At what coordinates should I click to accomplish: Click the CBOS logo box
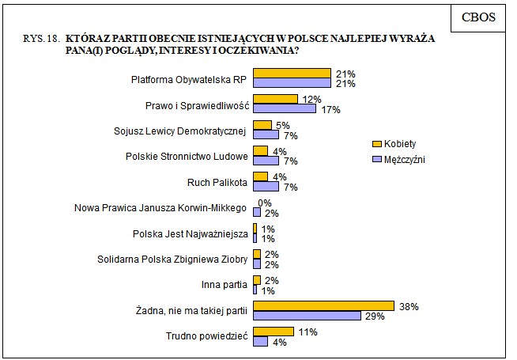(x=478, y=17)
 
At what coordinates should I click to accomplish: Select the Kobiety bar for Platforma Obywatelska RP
(x=291, y=74)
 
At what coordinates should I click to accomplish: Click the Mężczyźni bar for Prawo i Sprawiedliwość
(x=284, y=108)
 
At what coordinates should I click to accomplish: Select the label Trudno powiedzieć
(x=209, y=336)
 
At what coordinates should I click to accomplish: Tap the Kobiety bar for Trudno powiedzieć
(x=273, y=332)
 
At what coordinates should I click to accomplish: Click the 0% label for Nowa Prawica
(x=265, y=203)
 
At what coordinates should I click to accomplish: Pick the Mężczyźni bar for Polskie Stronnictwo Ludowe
(x=266, y=161)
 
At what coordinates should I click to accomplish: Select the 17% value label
(x=330, y=109)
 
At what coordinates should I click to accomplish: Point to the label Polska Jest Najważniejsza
(x=190, y=233)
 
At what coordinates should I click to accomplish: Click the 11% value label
(x=307, y=332)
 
